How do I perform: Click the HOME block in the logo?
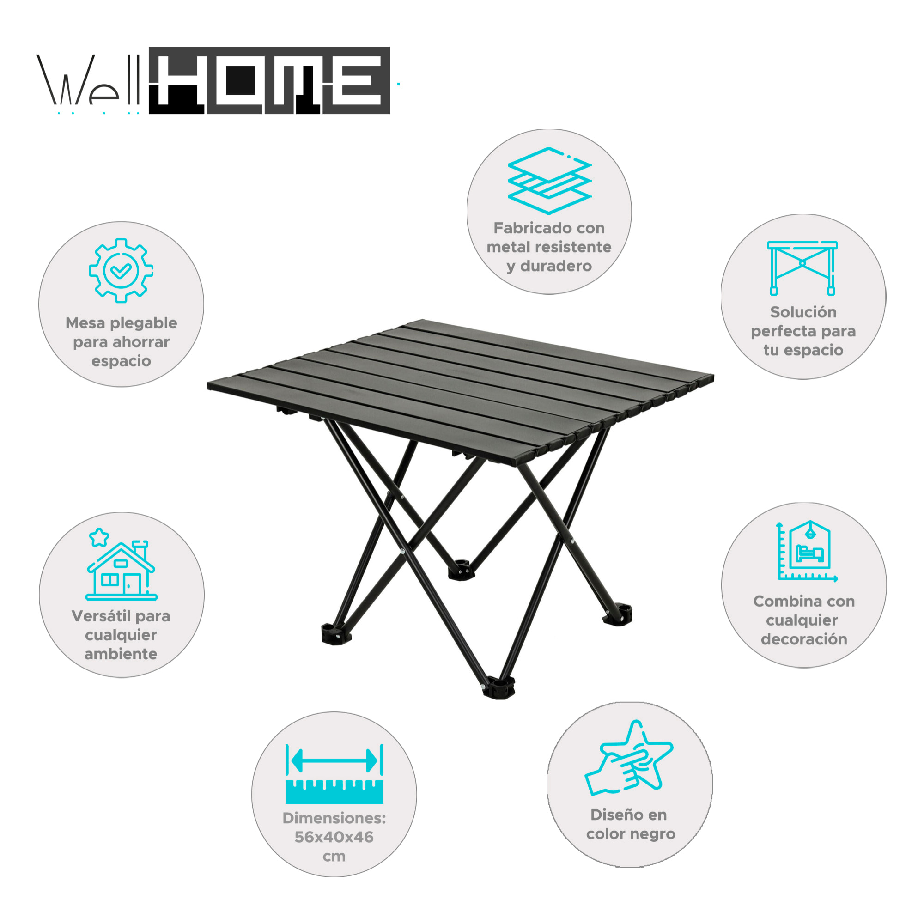pos(269,80)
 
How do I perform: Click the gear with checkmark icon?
pos(121,271)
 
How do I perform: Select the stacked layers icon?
pos(549,180)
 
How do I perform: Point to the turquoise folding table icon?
pos(802,268)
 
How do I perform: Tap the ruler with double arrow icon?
pos(334,774)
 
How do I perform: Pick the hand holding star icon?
pos(628,760)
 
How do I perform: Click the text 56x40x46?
pos(334,837)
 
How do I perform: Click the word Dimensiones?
pos(334,818)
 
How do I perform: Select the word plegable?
pos(144,323)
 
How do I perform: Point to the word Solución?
pos(803,312)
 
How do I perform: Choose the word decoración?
pos(804,639)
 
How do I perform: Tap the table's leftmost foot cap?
pos(336,635)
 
